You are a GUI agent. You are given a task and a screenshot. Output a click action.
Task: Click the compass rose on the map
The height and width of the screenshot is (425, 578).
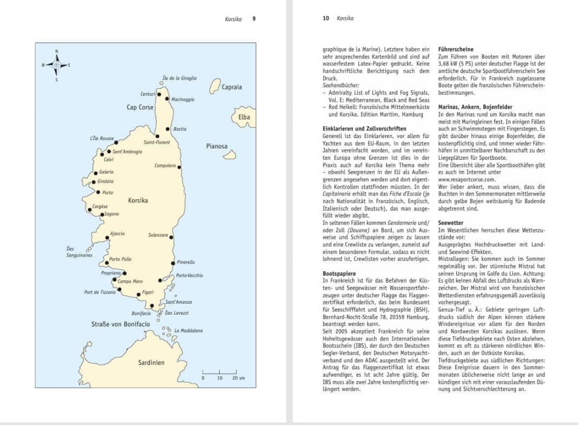[56, 65]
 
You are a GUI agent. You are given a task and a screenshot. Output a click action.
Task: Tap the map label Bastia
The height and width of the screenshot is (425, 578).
[180, 129]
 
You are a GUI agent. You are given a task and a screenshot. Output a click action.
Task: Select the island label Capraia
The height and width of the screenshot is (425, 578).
[232, 87]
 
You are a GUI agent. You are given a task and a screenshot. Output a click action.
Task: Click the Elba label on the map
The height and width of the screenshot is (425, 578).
[244, 116]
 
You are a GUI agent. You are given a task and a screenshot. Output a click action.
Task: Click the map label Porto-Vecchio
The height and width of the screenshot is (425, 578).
[189, 276]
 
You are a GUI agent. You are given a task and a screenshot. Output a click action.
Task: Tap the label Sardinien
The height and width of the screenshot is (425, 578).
[150, 363]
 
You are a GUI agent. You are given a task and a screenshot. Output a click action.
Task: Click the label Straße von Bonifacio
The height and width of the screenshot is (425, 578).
[121, 324]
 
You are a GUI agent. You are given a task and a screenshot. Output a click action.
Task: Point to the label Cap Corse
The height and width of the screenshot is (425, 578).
[140, 107]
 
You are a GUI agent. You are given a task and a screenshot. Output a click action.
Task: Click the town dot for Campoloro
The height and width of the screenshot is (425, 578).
[179, 167]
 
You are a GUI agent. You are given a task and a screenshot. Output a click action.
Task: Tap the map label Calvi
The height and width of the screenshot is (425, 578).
[109, 160]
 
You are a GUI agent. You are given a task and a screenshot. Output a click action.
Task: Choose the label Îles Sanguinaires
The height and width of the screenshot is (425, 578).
[80, 252]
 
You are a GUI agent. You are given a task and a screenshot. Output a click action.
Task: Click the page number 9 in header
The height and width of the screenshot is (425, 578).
[254, 18]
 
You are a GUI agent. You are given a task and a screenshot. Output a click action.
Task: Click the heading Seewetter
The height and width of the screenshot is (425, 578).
[450, 223]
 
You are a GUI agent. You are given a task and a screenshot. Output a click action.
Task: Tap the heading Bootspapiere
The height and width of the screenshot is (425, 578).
[340, 274]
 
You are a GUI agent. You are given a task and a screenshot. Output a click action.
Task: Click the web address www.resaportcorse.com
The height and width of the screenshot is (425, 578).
[467, 179]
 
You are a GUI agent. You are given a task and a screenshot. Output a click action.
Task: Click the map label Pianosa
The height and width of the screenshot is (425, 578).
[216, 146]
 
